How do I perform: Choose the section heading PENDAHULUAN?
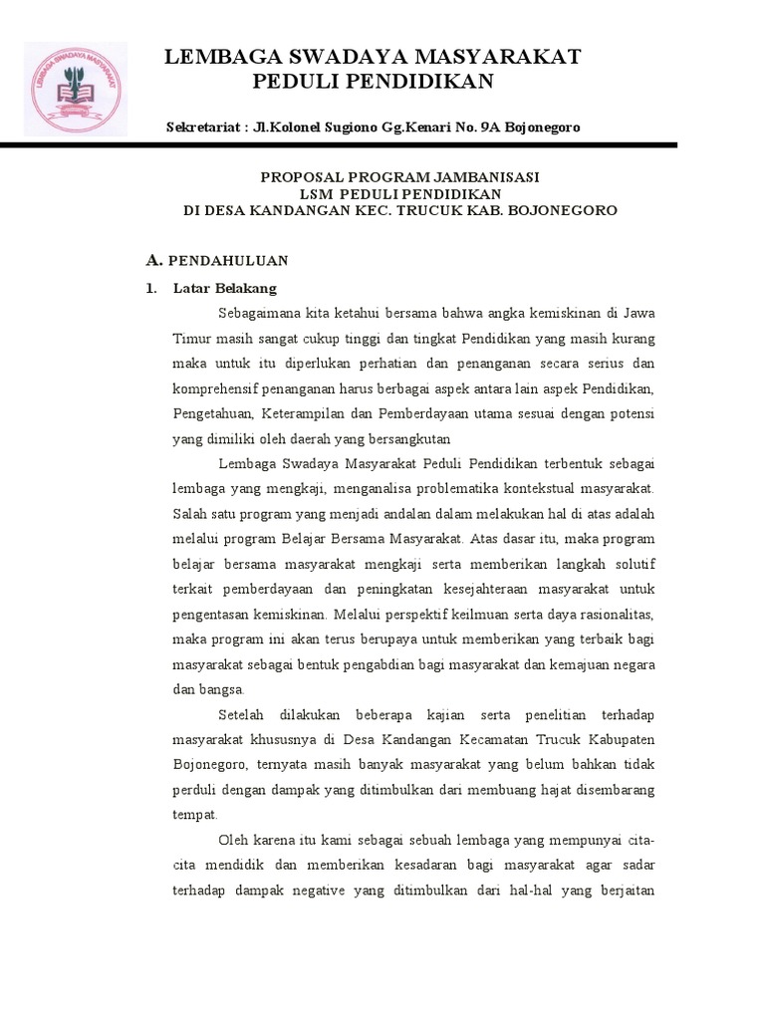coord(228,261)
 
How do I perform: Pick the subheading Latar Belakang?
coord(224,288)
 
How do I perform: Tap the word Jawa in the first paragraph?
coord(638,313)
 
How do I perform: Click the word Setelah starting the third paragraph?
coord(242,715)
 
